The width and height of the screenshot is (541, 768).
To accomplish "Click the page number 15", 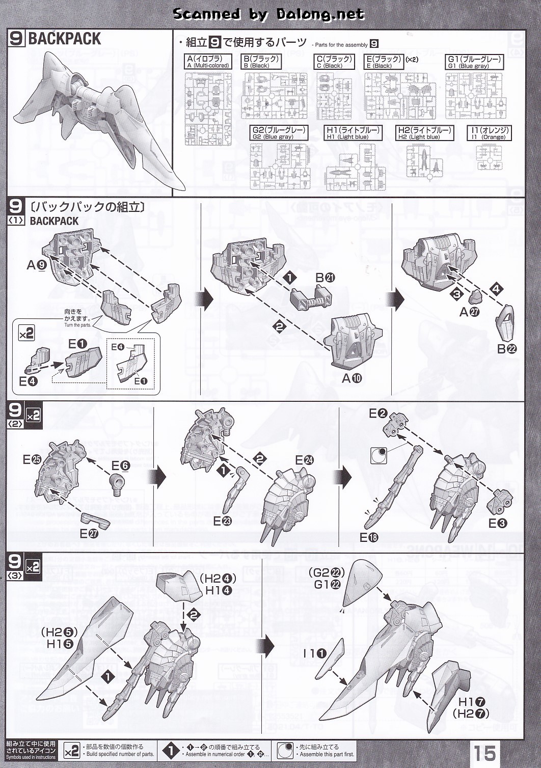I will click(x=486, y=752).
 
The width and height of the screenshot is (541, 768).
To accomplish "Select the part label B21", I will click(x=325, y=278).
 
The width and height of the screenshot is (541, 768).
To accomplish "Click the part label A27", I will click(x=469, y=312).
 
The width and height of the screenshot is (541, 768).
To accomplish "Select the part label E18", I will click(x=369, y=537).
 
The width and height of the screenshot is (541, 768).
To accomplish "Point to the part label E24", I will click(x=305, y=460).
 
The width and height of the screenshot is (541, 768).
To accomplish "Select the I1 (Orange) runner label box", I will click(x=489, y=133).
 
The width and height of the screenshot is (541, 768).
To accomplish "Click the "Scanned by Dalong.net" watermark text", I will click(x=268, y=14).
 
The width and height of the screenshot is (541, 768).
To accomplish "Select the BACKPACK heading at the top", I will click(x=64, y=39).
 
